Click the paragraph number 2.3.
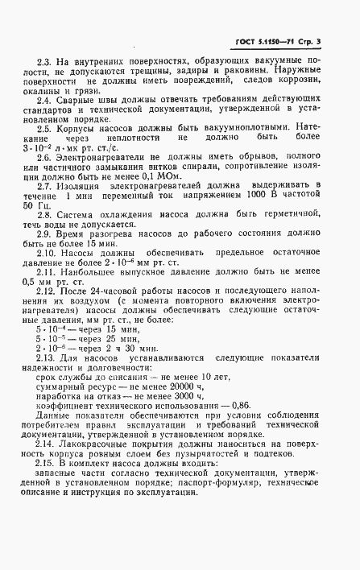point(47,60)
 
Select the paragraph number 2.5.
point(47,128)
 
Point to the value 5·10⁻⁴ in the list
point(52,330)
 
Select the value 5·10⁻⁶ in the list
point(52,353)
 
